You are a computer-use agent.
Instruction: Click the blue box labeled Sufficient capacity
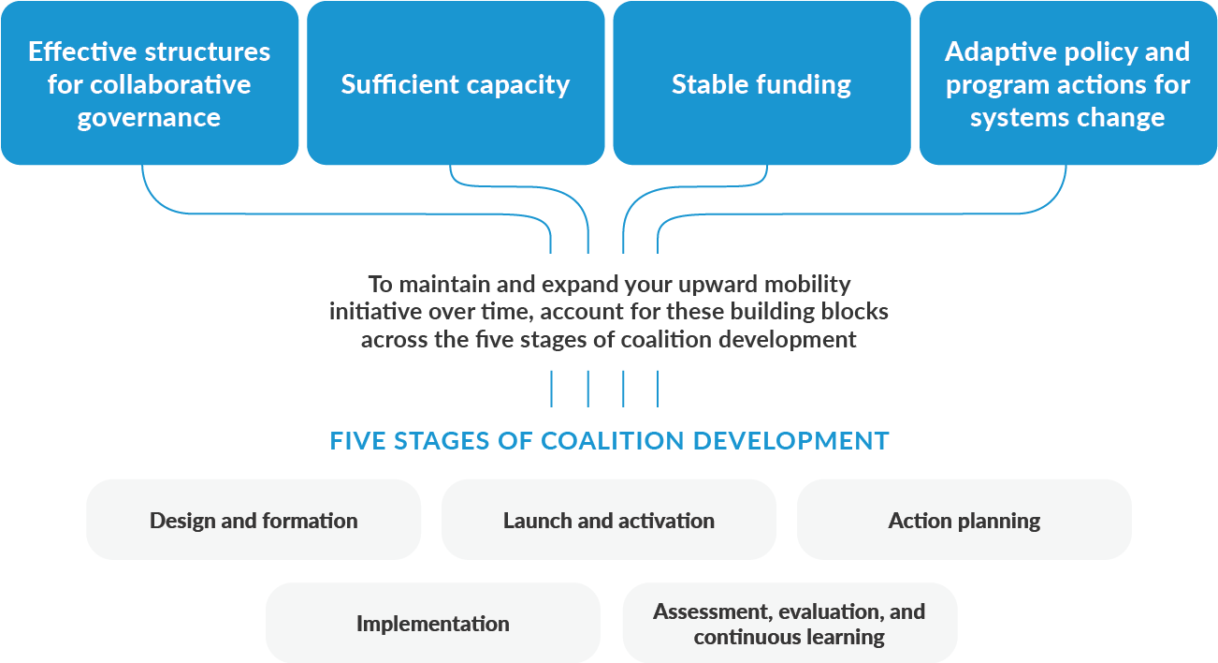(456, 84)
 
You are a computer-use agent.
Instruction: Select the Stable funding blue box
(761, 84)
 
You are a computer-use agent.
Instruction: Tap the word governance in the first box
(150, 118)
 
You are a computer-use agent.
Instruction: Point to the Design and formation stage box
(254, 520)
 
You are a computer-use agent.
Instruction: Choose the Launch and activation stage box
(608, 520)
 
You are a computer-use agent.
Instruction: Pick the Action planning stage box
(964, 520)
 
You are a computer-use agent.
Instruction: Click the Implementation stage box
(432, 623)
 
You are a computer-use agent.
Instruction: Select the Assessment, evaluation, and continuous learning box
(790, 623)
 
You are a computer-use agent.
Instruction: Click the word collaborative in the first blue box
(173, 84)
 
